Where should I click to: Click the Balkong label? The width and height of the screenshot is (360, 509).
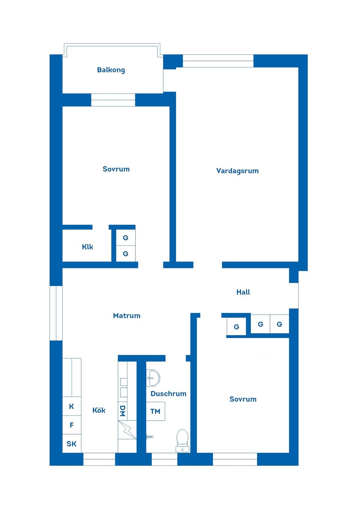point(111,70)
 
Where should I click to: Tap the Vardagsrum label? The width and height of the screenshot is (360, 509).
point(237,171)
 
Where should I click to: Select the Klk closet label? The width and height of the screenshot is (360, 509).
point(87,247)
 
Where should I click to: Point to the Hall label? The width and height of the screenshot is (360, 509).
point(243,292)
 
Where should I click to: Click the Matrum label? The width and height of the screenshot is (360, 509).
point(127,316)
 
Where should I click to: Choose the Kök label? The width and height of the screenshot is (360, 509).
point(99,410)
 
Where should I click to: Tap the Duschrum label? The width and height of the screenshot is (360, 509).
point(168,394)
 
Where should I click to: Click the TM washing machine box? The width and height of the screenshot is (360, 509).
point(155,411)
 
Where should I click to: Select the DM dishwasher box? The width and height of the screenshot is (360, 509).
point(123,411)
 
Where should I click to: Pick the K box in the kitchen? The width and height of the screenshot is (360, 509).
point(72,406)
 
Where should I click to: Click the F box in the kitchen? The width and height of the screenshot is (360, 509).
point(72,425)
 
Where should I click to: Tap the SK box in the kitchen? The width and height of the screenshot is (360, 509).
point(72,444)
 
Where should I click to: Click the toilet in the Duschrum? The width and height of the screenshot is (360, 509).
point(182,440)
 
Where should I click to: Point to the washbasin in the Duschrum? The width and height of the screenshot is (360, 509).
point(153,378)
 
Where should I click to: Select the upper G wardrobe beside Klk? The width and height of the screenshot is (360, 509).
point(126,238)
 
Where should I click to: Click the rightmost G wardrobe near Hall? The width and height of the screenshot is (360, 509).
point(279,324)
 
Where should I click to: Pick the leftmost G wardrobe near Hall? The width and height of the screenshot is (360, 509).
point(236,326)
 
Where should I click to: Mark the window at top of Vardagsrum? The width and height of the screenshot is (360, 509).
point(218,61)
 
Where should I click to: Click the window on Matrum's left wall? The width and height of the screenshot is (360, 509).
point(56,313)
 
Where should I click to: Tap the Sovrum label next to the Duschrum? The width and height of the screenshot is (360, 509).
point(243,399)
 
